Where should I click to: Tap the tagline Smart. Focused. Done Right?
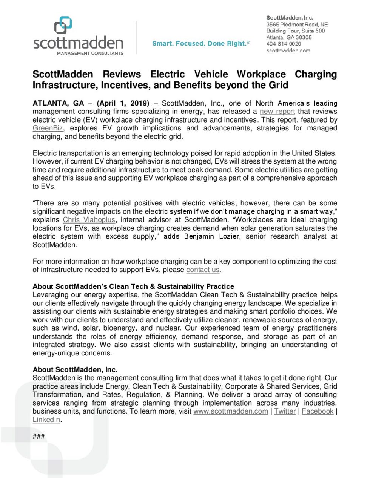tap(200, 44)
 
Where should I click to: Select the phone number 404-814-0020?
tap(284, 44)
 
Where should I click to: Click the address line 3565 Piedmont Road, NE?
tap(297, 24)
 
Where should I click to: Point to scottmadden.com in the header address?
tap(288, 51)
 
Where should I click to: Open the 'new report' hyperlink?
tap(277, 112)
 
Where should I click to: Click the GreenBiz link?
tap(48, 128)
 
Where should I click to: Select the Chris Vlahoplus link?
tap(89, 220)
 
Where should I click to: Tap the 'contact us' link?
tap(203, 270)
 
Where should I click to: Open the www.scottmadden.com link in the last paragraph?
tap(230, 411)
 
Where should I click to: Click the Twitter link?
tap(285, 411)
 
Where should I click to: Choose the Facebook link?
tap(318, 411)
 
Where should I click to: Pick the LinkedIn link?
tap(46, 420)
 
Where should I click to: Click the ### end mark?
tap(39, 437)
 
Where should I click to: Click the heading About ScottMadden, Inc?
tap(75, 370)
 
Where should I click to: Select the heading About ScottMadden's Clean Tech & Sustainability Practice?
tap(133, 286)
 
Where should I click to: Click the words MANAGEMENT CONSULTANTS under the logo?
tap(90, 54)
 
